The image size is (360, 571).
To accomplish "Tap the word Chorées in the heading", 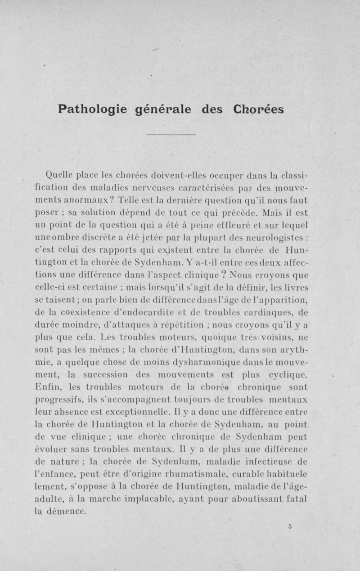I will (259, 109).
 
